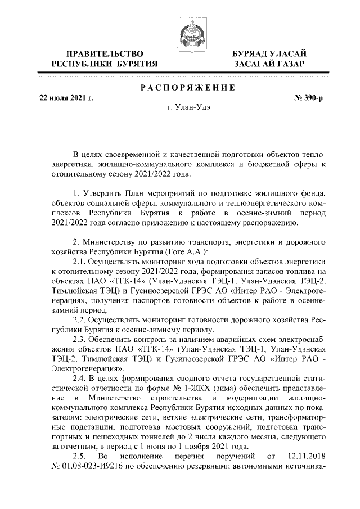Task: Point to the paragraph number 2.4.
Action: click(82, 379)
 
